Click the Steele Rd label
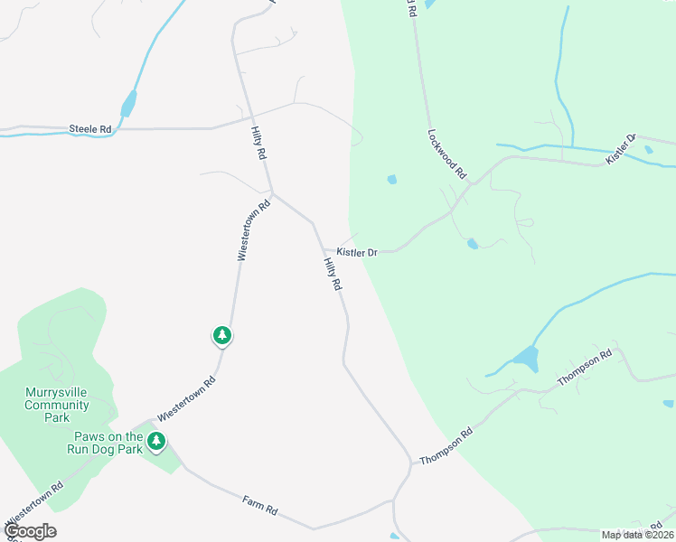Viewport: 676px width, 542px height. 90,129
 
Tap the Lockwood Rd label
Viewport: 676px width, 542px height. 446,153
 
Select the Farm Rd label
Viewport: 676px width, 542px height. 259,506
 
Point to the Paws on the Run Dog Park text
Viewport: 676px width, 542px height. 108,442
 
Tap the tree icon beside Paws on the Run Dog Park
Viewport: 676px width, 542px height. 157,441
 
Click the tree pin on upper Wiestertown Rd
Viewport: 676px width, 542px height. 222,336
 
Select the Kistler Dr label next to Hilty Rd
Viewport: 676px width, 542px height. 356,253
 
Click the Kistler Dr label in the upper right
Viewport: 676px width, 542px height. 621,149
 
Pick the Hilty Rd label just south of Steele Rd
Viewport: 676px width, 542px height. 258,143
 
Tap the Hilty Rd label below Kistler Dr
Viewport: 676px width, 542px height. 333,273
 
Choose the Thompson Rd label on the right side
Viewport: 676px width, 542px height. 585,368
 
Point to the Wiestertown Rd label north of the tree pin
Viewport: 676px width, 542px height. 254,231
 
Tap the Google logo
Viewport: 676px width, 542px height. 30,531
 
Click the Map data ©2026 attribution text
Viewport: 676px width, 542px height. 637,535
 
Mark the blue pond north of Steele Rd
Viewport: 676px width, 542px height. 129,103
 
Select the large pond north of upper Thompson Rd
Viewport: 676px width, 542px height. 525,359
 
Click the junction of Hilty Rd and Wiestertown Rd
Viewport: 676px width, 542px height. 272,192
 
